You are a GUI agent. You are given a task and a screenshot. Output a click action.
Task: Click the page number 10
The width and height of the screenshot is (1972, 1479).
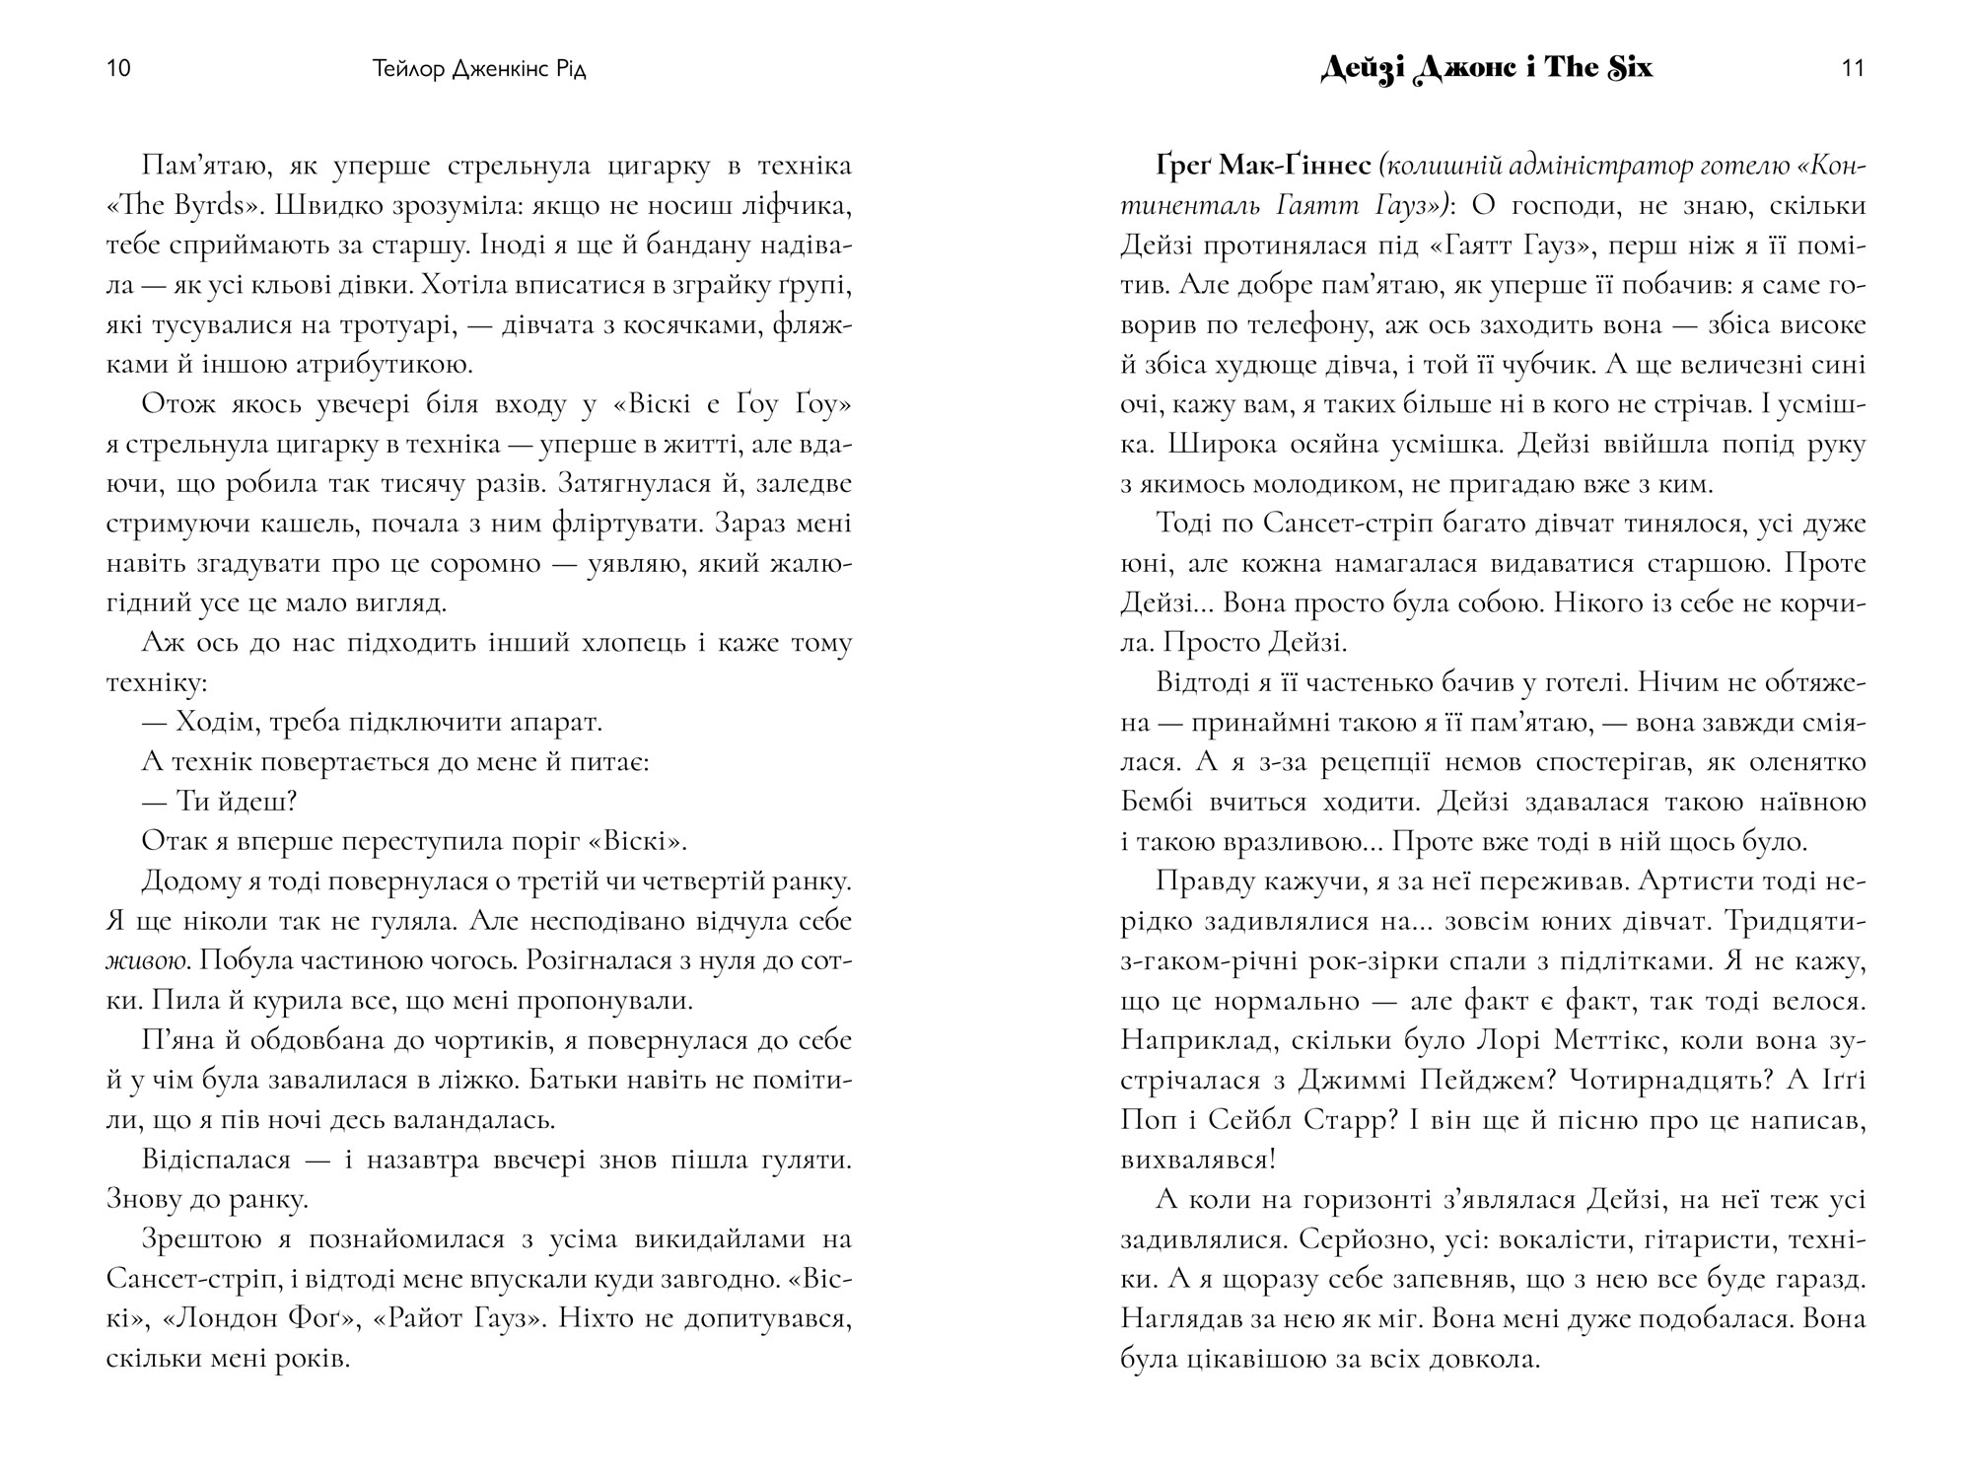tap(117, 69)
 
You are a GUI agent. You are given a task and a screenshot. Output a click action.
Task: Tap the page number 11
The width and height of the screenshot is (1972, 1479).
tap(1853, 69)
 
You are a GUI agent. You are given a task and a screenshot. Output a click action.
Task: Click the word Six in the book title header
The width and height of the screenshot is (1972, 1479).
tap(1617, 67)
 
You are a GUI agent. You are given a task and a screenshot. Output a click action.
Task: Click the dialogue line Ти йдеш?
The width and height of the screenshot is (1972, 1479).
tap(220, 802)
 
